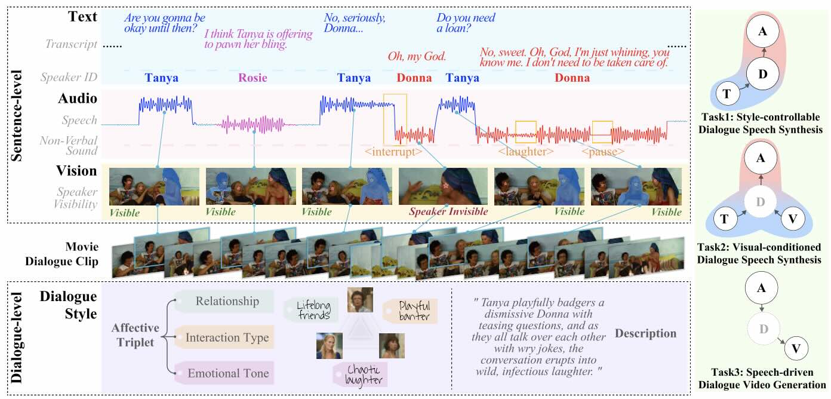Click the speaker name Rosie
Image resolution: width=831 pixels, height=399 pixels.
(x=253, y=78)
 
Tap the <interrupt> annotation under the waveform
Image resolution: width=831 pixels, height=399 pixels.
(x=393, y=152)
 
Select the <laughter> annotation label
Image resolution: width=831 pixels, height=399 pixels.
(x=526, y=152)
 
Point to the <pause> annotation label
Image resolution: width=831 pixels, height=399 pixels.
(x=603, y=152)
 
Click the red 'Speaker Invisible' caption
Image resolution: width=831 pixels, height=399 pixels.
(x=448, y=211)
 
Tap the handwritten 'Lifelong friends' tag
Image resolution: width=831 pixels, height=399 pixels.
(x=312, y=310)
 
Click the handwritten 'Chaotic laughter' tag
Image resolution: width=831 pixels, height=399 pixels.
(x=361, y=375)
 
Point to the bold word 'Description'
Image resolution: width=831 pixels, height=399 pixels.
(x=645, y=333)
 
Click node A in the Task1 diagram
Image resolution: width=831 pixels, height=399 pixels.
(x=763, y=31)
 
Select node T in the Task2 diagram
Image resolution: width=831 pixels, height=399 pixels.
(x=724, y=219)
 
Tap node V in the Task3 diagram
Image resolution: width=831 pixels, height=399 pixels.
(x=796, y=348)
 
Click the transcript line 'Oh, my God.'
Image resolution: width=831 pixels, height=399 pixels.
(x=417, y=56)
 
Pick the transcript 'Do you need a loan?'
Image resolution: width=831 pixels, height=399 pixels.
(x=466, y=23)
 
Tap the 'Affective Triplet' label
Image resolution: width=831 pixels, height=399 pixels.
(x=136, y=334)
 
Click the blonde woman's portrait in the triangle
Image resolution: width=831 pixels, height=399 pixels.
(x=329, y=346)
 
